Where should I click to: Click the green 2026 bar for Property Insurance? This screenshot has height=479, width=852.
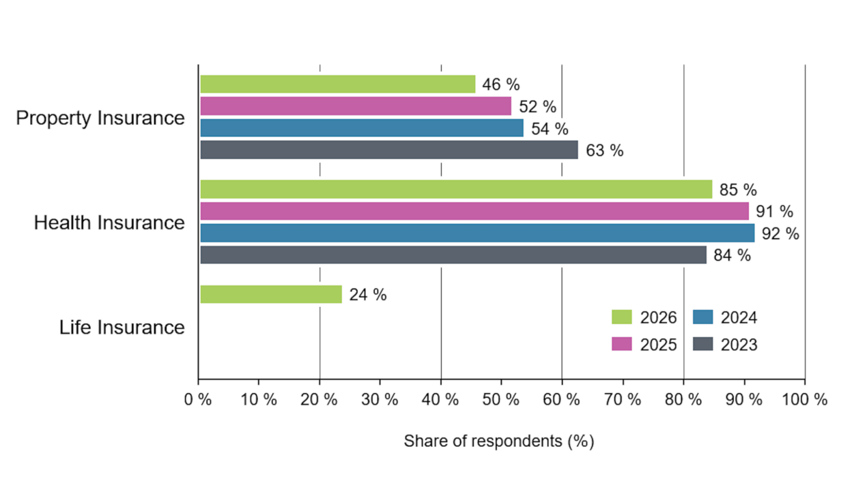[x=338, y=84]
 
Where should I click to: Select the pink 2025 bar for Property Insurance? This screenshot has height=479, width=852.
[x=356, y=106]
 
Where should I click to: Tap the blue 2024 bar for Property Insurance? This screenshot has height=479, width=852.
[x=362, y=128]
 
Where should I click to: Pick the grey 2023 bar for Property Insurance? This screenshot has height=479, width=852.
[x=389, y=150]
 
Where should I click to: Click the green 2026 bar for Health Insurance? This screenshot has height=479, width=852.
[x=457, y=189]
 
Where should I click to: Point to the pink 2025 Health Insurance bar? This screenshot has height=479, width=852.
[x=474, y=211]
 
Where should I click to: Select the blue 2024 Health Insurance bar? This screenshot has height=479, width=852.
[x=477, y=233]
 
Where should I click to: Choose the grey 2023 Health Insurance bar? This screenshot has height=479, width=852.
[x=453, y=255]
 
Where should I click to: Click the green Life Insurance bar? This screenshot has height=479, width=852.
[x=271, y=294]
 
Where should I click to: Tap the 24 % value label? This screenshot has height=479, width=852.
[x=368, y=295]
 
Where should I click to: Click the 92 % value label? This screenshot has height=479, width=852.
[x=780, y=233]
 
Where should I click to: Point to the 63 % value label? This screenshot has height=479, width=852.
[x=604, y=151]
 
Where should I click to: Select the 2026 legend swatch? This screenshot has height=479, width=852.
[x=621, y=317]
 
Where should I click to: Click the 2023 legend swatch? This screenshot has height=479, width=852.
[x=703, y=344]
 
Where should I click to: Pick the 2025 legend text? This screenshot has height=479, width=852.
[x=658, y=345]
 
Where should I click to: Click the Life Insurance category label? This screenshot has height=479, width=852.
[x=122, y=328]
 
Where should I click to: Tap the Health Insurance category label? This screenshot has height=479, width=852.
[x=109, y=222]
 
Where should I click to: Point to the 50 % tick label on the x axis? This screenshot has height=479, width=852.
[x=500, y=400]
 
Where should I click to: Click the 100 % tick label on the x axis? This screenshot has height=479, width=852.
[x=804, y=400]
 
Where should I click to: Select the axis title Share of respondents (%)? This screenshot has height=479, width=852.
[x=499, y=441]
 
